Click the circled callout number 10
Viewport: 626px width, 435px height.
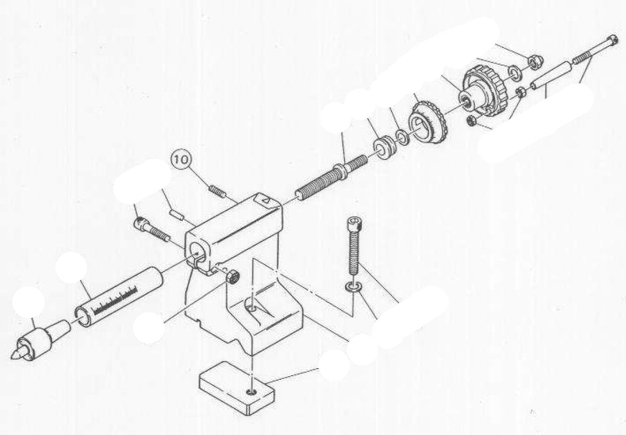[x=181, y=160]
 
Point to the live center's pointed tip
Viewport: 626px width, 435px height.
[x=12, y=356]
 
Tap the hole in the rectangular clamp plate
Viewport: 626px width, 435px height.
[x=251, y=392]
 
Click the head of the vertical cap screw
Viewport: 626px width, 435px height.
[x=354, y=225]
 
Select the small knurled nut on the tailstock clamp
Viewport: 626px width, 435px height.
[x=232, y=276]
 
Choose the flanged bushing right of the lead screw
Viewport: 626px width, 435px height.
[x=385, y=147]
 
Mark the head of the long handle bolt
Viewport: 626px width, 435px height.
[x=611, y=41]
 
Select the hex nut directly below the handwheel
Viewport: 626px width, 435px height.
[x=471, y=121]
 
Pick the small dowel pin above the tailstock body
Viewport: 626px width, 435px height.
[x=177, y=214]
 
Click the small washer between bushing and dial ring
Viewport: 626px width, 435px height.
[x=402, y=136]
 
